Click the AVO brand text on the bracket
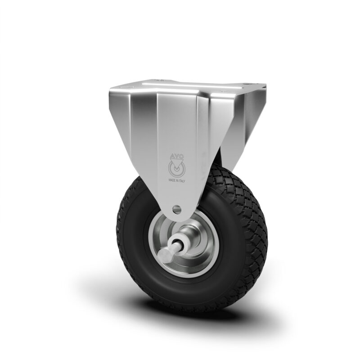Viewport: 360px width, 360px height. pyautogui.click(x=176, y=156)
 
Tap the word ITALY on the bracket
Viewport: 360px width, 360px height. pyautogui.click(x=181, y=181)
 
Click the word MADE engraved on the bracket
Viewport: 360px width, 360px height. pyautogui.click(x=171, y=180)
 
